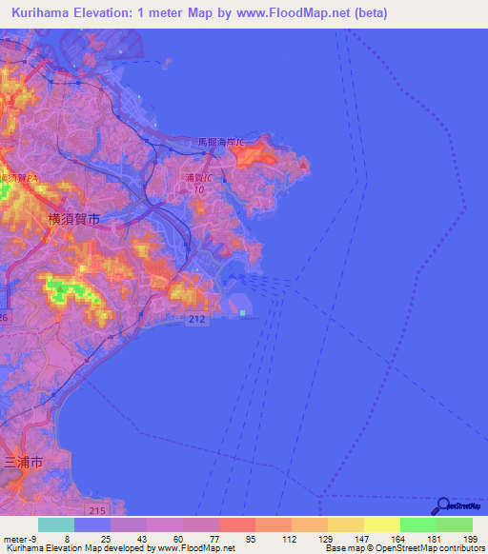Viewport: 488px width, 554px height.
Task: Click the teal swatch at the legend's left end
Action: (x=56, y=524)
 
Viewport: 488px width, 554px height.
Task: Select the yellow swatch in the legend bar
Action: (x=381, y=524)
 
